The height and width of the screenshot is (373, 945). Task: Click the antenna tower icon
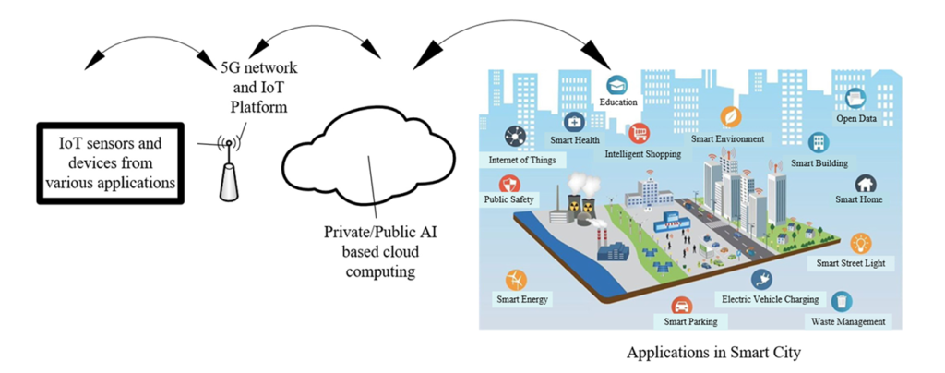(228, 172)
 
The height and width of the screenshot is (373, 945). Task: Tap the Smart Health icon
(574, 122)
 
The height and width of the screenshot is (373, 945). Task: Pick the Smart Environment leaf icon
(729, 117)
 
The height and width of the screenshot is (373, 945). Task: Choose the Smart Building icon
(818, 141)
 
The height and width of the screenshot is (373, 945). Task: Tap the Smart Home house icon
(865, 184)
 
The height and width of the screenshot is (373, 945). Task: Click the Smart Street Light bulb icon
(860, 243)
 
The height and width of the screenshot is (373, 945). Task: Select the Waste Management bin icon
(841, 301)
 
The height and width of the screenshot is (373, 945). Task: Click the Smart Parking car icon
(680, 306)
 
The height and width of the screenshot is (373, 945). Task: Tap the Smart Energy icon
(515, 280)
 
